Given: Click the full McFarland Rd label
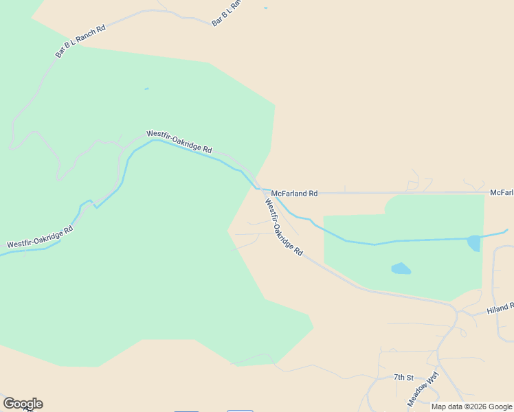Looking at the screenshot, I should (x=294, y=194).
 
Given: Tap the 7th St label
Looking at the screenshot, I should (x=403, y=378).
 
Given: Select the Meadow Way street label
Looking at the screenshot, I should (x=423, y=389).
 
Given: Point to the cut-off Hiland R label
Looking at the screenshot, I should (x=500, y=308).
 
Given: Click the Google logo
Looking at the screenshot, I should (x=22, y=404).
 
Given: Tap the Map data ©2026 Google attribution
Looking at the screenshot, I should (x=471, y=407).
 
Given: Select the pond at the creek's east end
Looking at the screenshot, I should (x=474, y=242).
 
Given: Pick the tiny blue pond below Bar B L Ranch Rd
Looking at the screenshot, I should (x=146, y=89).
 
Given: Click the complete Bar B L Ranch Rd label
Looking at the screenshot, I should (x=81, y=42).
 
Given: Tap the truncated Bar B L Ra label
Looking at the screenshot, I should (x=228, y=13).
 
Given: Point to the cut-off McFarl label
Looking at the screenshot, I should (x=502, y=193).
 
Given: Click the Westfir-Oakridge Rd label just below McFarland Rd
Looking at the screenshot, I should (x=284, y=227).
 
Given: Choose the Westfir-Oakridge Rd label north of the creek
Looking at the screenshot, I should (x=179, y=141).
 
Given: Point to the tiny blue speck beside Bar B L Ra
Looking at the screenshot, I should (x=265, y=8).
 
